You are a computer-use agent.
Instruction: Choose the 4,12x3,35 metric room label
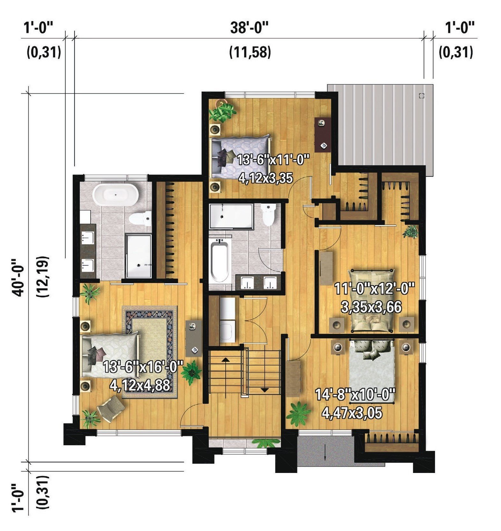pyautogui.click(x=266, y=178)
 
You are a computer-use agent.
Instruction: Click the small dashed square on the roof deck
pyautogui.click(x=422, y=96)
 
